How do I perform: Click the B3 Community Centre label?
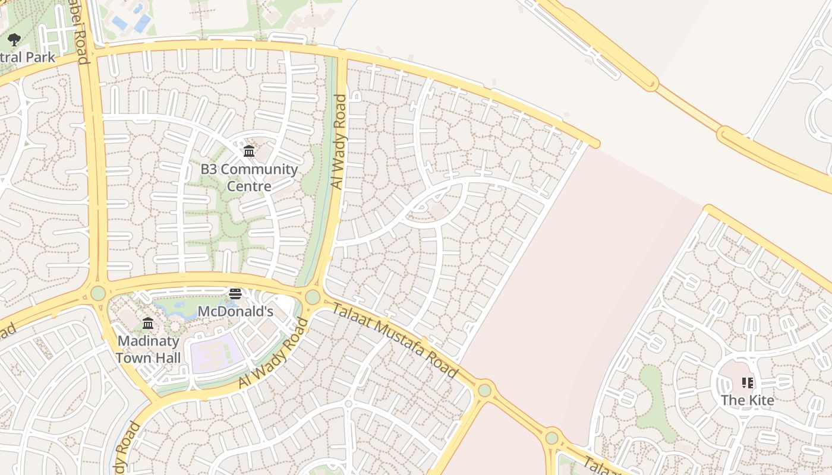[x=249, y=178]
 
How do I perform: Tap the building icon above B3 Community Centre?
[x=249, y=151]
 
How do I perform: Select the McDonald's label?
[x=235, y=311]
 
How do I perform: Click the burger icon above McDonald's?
[x=235, y=294]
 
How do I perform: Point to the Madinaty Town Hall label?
[x=148, y=349]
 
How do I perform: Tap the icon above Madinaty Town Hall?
[x=148, y=324]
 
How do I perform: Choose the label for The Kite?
[x=748, y=400]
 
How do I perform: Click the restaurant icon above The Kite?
[x=748, y=383]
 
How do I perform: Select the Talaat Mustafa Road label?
[x=395, y=340]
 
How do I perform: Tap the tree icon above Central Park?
[x=14, y=40]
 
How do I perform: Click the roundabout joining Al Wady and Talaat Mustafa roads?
[x=313, y=297]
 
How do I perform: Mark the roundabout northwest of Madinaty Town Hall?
[x=98, y=293]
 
